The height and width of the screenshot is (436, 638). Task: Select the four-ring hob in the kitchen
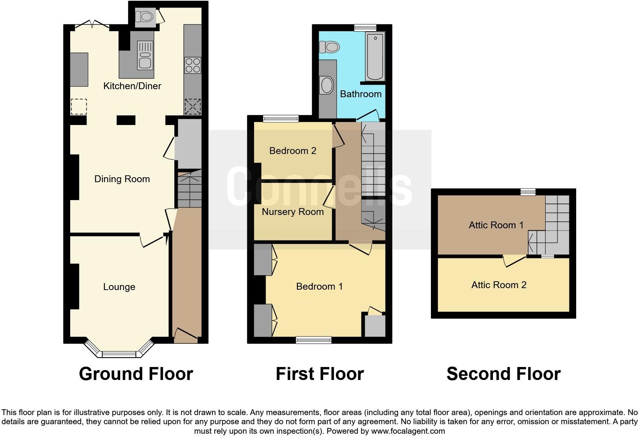click(x=193, y=65)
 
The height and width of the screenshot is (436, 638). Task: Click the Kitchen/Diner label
click(x=132, y=86)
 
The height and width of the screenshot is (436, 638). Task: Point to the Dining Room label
click(x=122, y=179)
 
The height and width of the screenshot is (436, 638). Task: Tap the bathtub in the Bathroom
click(x=375, y=56)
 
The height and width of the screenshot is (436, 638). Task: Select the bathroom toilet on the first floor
click(x=329, y=47)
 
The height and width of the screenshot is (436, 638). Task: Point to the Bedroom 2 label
click(x=293, y=151)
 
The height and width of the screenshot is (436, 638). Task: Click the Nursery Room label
click(x=293, y=212)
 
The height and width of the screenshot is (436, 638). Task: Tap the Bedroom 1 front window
click(x=314, y=340)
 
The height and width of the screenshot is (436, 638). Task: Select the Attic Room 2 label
click(x=499, y=285)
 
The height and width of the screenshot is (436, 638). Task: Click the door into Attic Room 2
click(x=514, y=261)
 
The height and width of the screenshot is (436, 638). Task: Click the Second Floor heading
click(x=503, y=374)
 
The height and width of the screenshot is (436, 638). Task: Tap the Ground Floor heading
click(x=136, y=374)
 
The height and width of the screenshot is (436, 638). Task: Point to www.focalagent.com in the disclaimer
click(x=408, y=431)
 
